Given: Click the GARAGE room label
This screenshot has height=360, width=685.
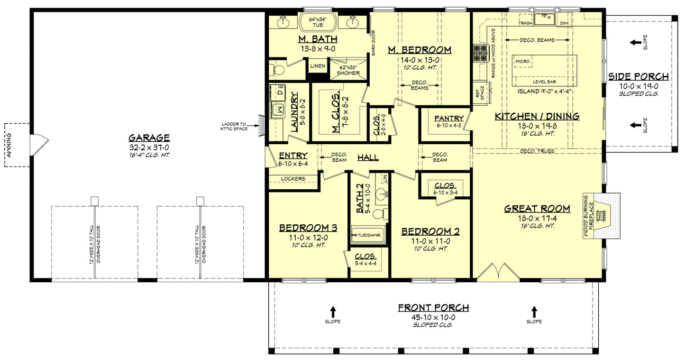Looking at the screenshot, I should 149,138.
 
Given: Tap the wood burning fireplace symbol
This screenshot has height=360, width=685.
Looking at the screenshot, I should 603,216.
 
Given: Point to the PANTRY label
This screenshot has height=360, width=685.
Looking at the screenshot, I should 445,119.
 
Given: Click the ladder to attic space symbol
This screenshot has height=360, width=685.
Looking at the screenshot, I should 260,127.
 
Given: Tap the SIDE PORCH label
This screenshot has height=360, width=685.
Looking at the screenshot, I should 638,77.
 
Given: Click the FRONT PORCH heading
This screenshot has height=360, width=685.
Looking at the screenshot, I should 433,308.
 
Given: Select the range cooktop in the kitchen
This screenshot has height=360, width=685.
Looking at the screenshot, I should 480,53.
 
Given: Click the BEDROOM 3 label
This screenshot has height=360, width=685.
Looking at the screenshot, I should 308,228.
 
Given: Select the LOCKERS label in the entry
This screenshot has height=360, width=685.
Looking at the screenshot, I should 292,179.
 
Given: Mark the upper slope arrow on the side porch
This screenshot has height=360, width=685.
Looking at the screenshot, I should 635,43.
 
